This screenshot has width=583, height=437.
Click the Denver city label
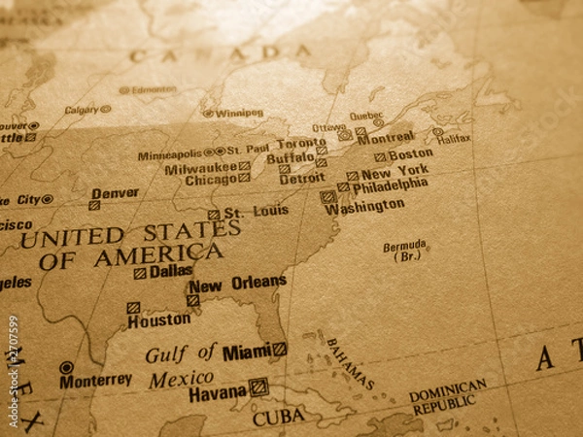tap(115, 193)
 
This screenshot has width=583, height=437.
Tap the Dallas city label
tap(171, 272)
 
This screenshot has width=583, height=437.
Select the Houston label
tap(158, 319)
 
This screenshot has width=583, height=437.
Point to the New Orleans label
tap(238, 285)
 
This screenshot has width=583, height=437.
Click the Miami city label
tap(246, 352)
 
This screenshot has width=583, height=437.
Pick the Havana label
tap(218, 392)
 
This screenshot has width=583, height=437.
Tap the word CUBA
tap(279, 418)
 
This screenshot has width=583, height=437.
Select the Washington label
tap(364, 207)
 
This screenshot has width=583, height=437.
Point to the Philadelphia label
tap(390, 185)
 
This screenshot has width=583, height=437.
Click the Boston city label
tap(410, 153)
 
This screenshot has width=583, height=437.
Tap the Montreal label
tap(386, 137)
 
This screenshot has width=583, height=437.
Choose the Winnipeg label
tap(239, 113)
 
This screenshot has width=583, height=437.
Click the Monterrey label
tap(95, 381)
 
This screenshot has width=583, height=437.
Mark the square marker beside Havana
tap(257, 387)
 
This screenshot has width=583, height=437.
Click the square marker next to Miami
tap(280, 349)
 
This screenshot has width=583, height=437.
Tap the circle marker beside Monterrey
tap(66, 368)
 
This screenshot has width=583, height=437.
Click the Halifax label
tap(455, 139)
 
